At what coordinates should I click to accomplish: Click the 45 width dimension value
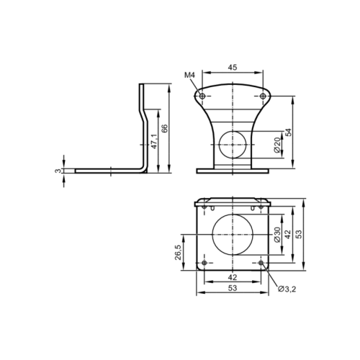[x=233, y=68]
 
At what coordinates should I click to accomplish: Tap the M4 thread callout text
[x=189, y=76]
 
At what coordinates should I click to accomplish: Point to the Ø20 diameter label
[x=277, y=144]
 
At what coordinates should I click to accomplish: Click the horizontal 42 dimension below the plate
[x=233, y=277]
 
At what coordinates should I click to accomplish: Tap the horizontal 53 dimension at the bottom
[x=233, y=288]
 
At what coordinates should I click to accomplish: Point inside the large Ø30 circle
[x=233, y=232]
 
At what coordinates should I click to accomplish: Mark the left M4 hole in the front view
[x=202, y=96]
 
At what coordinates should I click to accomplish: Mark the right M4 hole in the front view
[x=262, y=96]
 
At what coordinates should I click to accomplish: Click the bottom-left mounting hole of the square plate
[x=204, y=263]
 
